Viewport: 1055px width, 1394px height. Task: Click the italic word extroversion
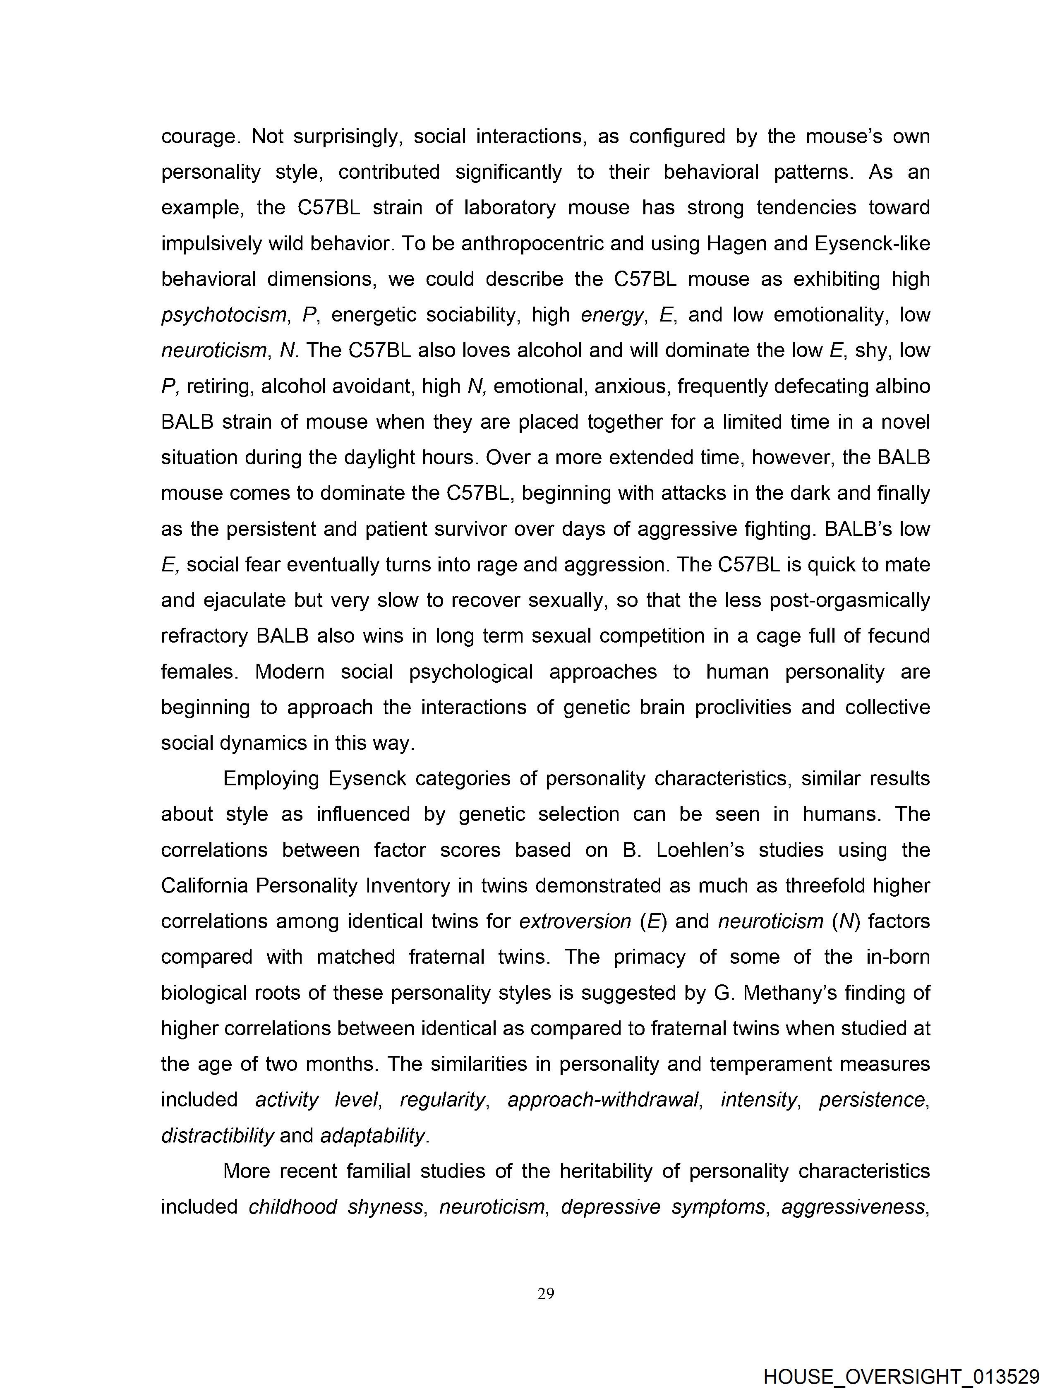[575, 921]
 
